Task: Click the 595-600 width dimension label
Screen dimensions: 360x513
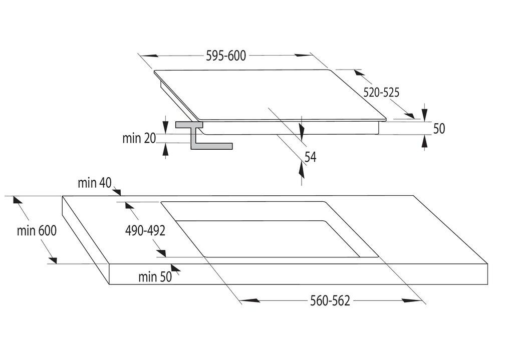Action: pyautogui.click(x=226, y=56)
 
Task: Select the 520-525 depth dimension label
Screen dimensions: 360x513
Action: pyautogui.click(x=381, y=92)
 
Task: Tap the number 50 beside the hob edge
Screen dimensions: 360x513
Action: pyautogui.click(x=439, y=129)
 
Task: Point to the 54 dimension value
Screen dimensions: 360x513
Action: pyautogui.click(x=311, y=157)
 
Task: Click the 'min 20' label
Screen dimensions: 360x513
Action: pyautogui.click(x=139, y=139)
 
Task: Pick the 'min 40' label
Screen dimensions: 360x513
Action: pyautogui.click(x=94, y=183)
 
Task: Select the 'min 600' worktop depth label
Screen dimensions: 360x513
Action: pyautogui.click(x=37, y=231)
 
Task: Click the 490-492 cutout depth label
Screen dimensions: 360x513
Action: pyautogui.click(x=145, y=231)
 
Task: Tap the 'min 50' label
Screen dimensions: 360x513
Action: pyautogui.click(x=155, y=276)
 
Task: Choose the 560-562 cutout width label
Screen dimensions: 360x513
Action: pyautogui.click(x=330, y=300)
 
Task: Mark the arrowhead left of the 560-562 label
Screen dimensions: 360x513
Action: pyautogui.click(x=250, y=300)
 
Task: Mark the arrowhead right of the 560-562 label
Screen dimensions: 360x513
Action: pyautogui.click(x=412, y=300)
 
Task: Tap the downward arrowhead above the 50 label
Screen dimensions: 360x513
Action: pyautogui.click(x=425, y=114)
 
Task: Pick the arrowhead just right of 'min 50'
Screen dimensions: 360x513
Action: pyautogui.click(x=175, y=269)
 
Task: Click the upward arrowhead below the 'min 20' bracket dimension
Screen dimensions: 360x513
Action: pyautogui.click(x=165, y=150)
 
